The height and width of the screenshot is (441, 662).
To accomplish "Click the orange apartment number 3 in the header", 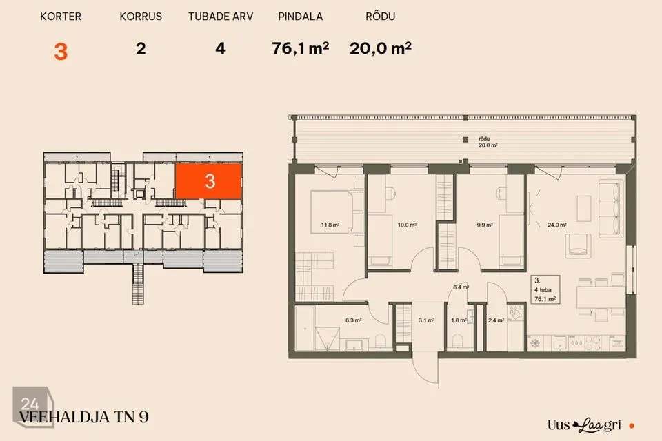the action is click(x=61, y=52).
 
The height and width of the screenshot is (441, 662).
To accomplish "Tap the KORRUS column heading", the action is click(x=141, y=17).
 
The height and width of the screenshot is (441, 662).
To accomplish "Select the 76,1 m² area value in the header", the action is click(x=300, y=48).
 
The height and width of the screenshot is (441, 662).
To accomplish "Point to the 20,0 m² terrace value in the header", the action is click(x=381, y=48).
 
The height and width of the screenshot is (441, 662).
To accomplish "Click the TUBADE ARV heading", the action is click(x=221, y=17).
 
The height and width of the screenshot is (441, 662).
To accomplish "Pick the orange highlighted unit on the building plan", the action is click(x=208, y=181).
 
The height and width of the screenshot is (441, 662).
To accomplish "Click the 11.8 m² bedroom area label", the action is click(x=330, y=225).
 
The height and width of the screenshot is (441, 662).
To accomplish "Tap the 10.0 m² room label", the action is click(x=407, y=225).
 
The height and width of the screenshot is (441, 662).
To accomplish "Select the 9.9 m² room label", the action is click(x=485, y=225).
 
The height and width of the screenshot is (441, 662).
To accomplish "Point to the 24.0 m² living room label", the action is click(x=557, y=225).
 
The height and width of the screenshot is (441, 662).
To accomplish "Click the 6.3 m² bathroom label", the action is click(x=353, y=320).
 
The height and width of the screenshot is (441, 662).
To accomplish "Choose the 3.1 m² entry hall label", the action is click(x=426, y=320).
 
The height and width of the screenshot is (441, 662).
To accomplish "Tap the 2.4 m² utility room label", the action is click(x=496, y=320).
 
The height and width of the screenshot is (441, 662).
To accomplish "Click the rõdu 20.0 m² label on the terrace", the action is click(x=488, y=142).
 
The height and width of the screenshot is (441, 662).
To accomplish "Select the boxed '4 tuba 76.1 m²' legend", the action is click(x=545, y=289).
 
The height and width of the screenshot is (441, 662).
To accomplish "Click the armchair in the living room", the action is click(x=579, y=245).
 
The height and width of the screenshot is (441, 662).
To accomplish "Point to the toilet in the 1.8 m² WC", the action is click(x=457, y=340).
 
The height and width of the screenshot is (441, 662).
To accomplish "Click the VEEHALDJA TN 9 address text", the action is click(x=83, y=418).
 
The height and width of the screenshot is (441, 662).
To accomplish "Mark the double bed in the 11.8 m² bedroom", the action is click(x=332, y=212).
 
